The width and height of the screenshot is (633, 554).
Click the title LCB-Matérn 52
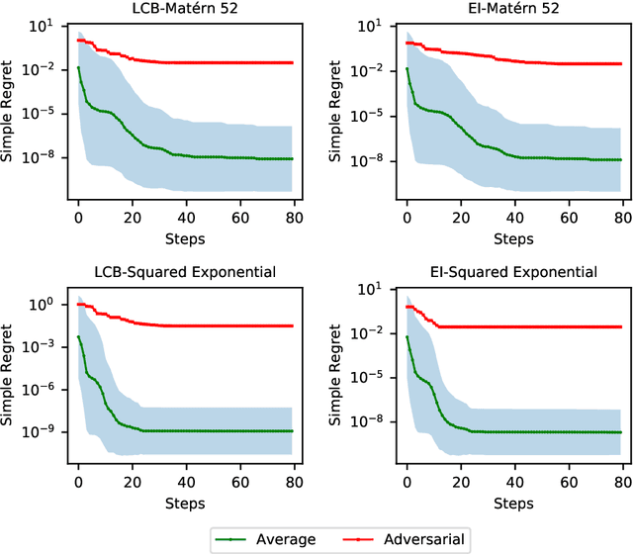pos(184,9)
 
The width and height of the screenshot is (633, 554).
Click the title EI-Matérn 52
pos(512,9)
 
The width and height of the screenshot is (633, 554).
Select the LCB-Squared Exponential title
pos(184,272)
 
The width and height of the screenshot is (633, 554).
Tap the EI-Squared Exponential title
pos(512,272)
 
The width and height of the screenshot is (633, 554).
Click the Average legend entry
pos(284,539)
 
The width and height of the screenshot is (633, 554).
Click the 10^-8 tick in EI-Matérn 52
pos(369,161)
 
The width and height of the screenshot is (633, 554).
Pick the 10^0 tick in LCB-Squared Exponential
pos(45,304)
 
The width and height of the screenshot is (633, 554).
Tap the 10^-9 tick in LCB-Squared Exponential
pos(44,432)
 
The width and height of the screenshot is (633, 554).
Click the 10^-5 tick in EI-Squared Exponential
pos(369,377)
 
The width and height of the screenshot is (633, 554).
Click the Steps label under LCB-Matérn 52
pos(184,238)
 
